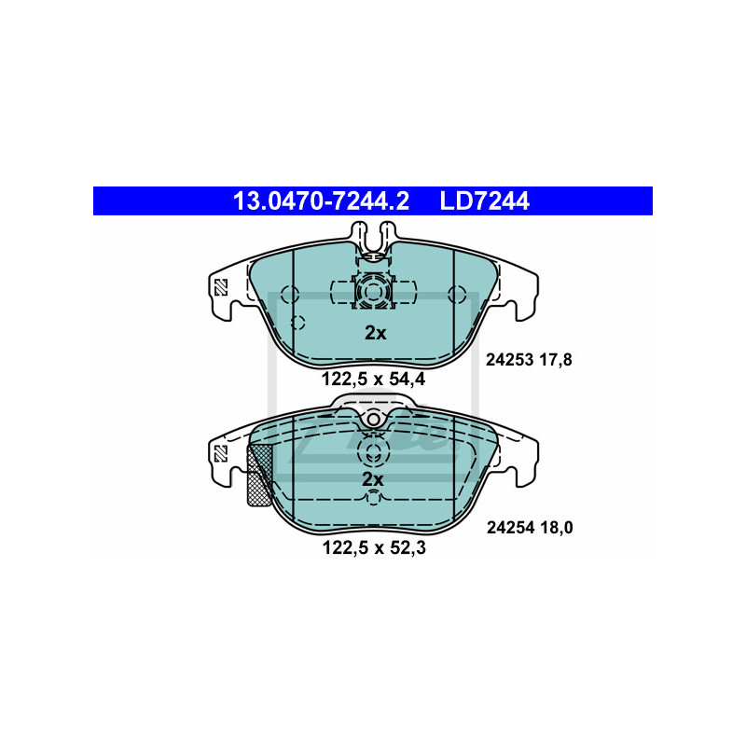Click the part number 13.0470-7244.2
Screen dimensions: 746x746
321,200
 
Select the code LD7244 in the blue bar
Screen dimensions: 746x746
484,200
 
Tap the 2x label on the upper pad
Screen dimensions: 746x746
376,333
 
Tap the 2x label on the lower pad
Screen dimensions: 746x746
372,479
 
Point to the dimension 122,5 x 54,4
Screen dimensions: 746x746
374,380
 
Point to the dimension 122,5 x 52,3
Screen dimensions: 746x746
374,547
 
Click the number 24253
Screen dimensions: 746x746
509,360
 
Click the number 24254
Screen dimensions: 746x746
510,528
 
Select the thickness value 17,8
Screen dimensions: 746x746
556,360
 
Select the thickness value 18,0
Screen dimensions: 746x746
557,528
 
